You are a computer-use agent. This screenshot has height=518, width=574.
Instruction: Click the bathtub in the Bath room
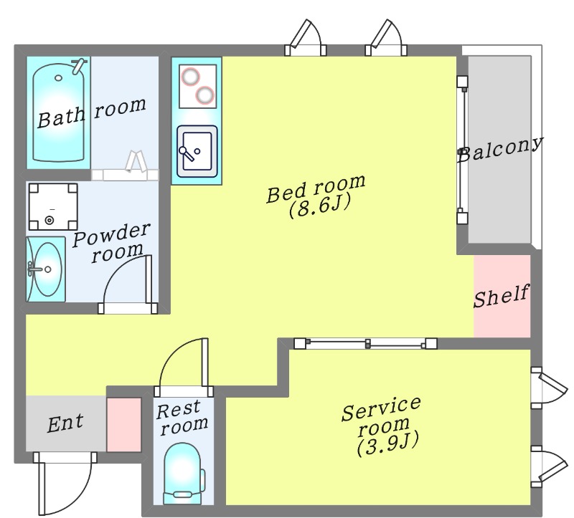click(x=59, y=112)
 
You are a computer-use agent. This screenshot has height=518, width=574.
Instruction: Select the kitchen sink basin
click(x=197, y=151)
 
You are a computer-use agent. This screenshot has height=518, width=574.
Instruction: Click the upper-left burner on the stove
click(x=191, y=77)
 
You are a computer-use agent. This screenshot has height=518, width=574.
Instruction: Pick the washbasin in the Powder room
click(x=45, y=269)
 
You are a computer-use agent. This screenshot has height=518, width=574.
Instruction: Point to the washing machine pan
click(x=53, y=206)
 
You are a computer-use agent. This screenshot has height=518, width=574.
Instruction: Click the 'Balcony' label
click(x=500, y=149)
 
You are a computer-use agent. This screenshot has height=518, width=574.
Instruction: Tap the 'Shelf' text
click(x=502, y=296)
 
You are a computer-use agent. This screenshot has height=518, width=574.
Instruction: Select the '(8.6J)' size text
click(x=319, y=206)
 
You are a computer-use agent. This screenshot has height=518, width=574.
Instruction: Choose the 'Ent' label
click(x=65, y=423)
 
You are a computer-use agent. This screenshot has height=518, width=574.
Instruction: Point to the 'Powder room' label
click(x=112, y=242)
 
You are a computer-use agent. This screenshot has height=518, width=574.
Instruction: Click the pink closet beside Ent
click(x=123, y=425)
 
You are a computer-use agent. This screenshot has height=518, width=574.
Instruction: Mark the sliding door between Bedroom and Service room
click(x=366, y=344)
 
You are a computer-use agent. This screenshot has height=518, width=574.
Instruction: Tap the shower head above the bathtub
click(x=78, y=65)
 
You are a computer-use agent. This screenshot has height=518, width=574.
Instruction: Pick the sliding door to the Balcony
click(x=462, y=150)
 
